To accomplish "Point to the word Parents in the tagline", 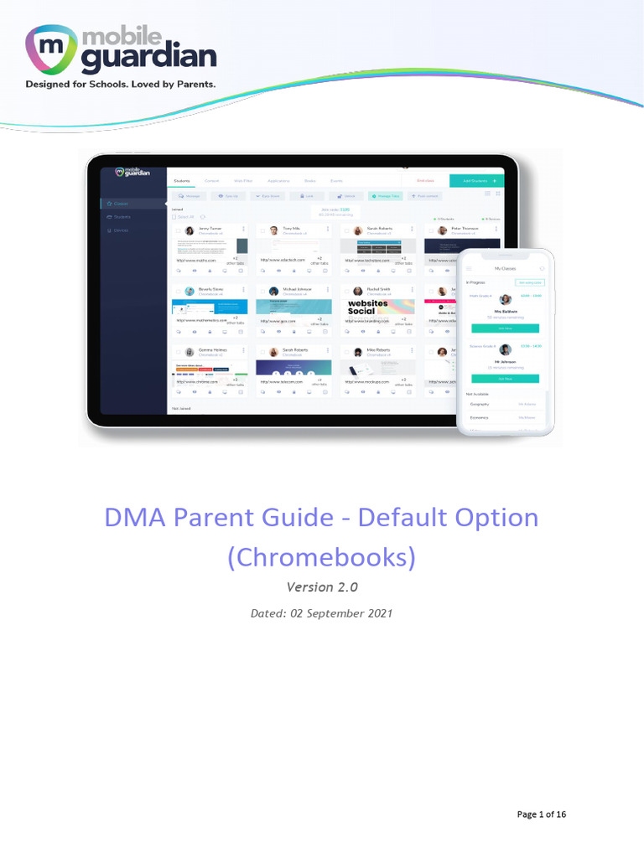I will (x=193, y=85).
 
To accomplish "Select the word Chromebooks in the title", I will (x=322, y=557).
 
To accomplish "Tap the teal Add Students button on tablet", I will (x=475, y=180).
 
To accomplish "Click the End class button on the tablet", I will (x=425, y=180).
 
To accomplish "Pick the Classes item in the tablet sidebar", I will (x=122, y=204).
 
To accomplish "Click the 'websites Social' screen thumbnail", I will (x=368, y=308).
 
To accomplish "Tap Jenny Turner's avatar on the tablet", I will (x=190, y=230).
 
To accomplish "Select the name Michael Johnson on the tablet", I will (x=297, y=289).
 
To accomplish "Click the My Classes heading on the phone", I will (x=505, y=268).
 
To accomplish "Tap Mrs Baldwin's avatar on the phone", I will (x=506, y=299).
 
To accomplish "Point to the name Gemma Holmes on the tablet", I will (x=211, y=349).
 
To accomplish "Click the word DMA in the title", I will (x=133, y=518).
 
